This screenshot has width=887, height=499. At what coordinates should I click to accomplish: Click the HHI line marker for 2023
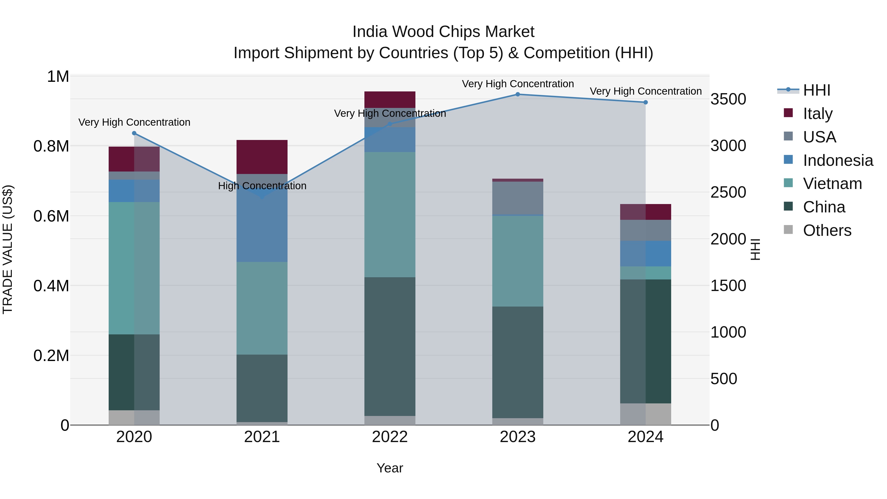517,94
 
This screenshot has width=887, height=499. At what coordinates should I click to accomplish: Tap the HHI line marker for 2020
134,133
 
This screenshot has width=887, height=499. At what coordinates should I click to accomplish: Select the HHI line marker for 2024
646,102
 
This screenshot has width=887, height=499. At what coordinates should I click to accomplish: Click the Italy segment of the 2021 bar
262,157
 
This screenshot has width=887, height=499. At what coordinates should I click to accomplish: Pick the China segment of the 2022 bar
390,346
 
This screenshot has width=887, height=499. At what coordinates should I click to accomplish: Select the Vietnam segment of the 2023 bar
517,261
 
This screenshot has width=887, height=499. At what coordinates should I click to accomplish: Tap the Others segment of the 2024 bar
646,414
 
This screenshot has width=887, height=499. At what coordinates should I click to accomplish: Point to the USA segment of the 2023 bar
517,198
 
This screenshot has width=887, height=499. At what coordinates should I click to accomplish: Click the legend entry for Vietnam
832,184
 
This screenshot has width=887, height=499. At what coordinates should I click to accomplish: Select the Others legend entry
827,230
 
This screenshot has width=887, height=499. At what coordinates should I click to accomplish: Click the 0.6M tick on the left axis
51,216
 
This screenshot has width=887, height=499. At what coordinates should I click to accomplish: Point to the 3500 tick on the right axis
728,99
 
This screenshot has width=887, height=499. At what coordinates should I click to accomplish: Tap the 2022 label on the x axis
390,437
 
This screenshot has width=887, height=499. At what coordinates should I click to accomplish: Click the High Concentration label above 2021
262,186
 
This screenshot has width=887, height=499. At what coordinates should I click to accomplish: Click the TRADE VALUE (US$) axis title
8,249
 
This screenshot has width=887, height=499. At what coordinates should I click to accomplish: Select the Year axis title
390,468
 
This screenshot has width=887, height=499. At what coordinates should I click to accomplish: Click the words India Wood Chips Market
443,32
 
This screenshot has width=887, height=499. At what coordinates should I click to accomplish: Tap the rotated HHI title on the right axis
755,249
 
